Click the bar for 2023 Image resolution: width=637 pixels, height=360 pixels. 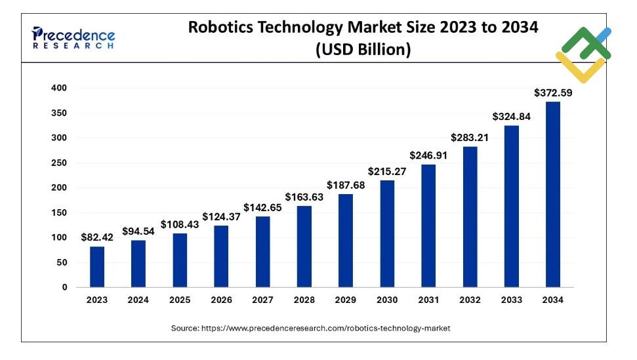click(x=97, y=266)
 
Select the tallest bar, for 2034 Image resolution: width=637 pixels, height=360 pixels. click(x=553, y=194)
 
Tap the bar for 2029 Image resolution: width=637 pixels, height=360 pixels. click(x=346, y=240)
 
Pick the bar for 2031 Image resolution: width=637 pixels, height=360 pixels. click(x=428, y=226)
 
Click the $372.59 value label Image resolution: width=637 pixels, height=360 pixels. click(x=553, y=93)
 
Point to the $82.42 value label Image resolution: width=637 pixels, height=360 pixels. click(x=97, y=237)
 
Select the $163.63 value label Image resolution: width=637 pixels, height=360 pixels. click(x=304, y=197)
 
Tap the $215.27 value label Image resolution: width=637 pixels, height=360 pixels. click(x=387, y=171)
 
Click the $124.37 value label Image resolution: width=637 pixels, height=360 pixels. click(x=221, y=216)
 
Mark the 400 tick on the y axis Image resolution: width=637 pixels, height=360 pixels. click(x=59, y=88)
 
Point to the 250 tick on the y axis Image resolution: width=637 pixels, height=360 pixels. click(x=59, y=163)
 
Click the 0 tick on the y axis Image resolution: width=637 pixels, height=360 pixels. click(x=64, y=287)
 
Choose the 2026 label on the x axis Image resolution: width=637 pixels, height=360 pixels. click(x=221, y=300)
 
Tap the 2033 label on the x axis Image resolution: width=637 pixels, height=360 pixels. click(x=512, y=300)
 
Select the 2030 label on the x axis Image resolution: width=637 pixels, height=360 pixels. click(x=387, y=300)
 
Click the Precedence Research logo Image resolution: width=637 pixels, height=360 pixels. click(x=73, y=38)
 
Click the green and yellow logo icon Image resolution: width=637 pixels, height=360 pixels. click(x=583, y=54)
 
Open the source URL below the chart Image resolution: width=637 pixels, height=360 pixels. click(x=311, y=328)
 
